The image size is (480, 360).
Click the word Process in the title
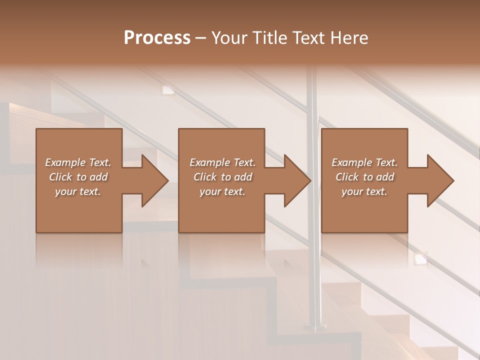click(x=157, y=38)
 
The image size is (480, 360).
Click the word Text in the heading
click(x=308, y=38)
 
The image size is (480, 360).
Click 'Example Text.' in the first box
click(x=78, y=162)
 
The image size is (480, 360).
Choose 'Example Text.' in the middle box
click(x=222, y=162)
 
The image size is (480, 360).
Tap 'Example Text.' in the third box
click(x=364, y=162)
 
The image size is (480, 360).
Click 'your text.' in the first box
click(x=78, y=191)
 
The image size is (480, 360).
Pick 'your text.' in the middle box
click(x=222, y=191)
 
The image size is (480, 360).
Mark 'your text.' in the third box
click(x=364, y=191)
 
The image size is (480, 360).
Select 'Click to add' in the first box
click(x=78, y=177)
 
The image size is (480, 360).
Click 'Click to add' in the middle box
click(x=222, y=177)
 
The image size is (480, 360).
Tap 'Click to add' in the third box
click(x=364, y=177)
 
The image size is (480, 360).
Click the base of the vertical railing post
click(x=315, y=326)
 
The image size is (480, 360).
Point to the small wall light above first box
click(x=167, y=89)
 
